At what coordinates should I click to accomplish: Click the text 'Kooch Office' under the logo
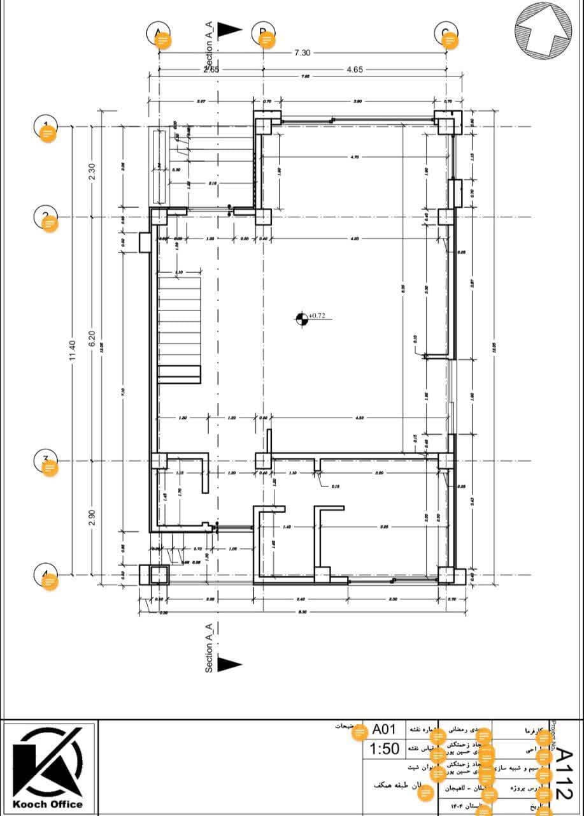click(x=48, y=804)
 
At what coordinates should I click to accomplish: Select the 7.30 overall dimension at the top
click(x=302, y=53)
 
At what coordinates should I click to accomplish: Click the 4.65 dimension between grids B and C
click(x=355, y=69)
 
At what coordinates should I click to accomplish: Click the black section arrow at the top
click(x=229, y=29)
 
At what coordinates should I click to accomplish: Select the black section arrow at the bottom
click(x=229, y=664)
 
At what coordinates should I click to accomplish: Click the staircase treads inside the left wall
click(x=179, y=325)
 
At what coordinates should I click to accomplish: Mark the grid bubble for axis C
click(x=446, y=35)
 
